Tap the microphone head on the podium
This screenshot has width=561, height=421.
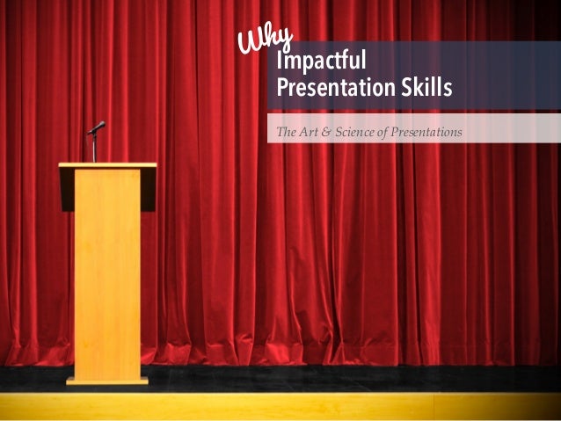point(98,127)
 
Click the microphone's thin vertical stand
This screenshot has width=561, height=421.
point(94,148)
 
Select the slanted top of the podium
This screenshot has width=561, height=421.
point(107,165)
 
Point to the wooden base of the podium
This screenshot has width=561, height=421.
point(107,381)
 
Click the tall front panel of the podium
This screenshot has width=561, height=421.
point(107,272)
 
